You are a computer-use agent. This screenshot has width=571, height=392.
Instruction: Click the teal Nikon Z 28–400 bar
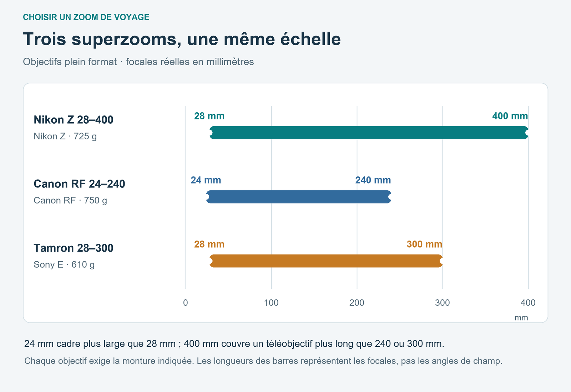coord(369,133)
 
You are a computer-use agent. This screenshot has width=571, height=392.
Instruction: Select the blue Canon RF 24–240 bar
coord(299,197)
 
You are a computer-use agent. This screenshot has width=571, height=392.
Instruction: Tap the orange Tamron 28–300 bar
coord(326,261)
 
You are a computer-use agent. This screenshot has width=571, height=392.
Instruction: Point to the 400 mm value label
coord(510,116)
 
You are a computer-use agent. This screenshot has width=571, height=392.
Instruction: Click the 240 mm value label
coord(373,180)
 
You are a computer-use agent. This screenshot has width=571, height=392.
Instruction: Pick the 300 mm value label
coord(424,244)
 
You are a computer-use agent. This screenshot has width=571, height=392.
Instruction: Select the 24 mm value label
coord(206,180)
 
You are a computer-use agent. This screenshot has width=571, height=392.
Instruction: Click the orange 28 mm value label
coord(209,244)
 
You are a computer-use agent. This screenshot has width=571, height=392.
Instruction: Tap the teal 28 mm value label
coord(209,116)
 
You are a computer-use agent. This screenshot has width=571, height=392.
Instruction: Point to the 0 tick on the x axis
coord(186,303)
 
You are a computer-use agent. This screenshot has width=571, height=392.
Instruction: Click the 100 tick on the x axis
coord(271,303)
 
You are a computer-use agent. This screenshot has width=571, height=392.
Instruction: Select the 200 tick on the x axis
coord(357,303)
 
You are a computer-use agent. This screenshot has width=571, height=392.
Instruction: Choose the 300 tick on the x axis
coord(443,303)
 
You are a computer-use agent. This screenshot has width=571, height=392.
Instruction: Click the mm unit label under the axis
coord(521,318)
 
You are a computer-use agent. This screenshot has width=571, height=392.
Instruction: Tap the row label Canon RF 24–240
coord(79,184)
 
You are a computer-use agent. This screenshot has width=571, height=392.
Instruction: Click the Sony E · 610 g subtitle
coord(64,265)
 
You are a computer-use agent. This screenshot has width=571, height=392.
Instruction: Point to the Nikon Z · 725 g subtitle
coord(65,136)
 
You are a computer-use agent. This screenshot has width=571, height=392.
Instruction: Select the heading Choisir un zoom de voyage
coord(86,17)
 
